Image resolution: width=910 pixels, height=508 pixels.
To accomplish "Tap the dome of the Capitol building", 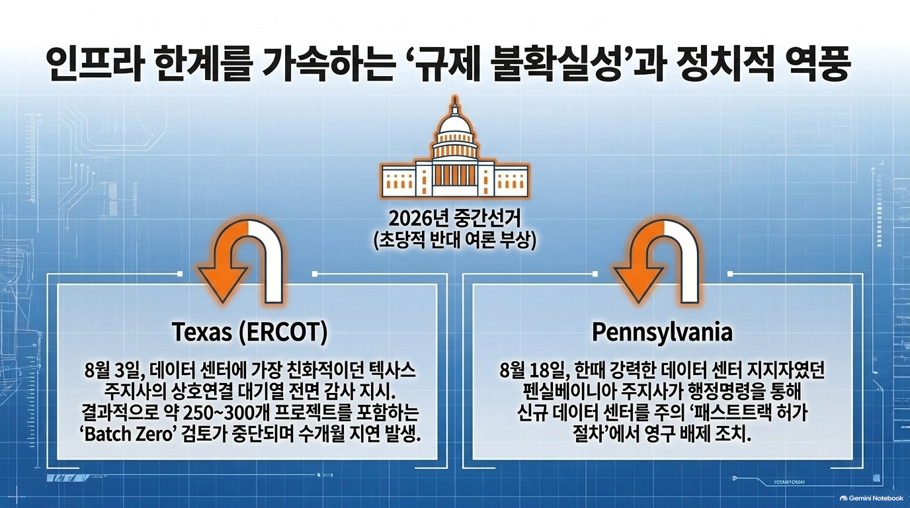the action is coord(454,122).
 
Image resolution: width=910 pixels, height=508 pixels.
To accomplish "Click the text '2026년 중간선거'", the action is coord(454,219).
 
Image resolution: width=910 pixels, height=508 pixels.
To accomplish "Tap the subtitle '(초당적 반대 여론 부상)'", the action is coord(454,241).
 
